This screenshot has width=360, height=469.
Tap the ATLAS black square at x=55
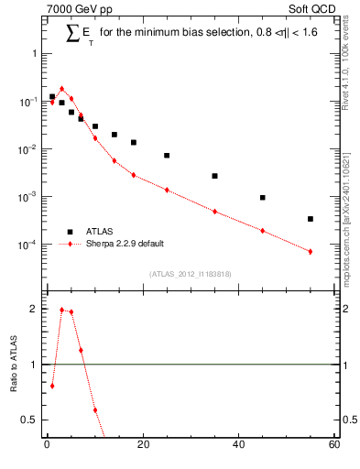(x=311, y=219)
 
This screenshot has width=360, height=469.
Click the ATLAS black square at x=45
(x=262, y=198)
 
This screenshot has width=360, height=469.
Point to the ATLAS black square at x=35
(x=214, y=176)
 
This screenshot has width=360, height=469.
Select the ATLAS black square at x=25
(x=167, y=156)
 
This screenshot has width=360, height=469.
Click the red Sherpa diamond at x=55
(x=311, y=251)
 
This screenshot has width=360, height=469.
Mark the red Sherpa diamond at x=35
(x=214, y=212)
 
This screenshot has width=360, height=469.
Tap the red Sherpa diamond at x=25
(x=167, y=190)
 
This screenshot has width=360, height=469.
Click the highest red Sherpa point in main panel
(x=61, y=89)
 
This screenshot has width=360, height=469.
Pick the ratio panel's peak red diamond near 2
(x=61, y=310)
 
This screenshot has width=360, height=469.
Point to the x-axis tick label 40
(x=238, y=446)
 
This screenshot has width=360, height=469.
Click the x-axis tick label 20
(x=142, y=446)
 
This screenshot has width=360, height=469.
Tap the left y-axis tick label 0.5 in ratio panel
(x=29, y=420)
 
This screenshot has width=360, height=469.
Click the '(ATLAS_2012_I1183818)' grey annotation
(x=190, y=274)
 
